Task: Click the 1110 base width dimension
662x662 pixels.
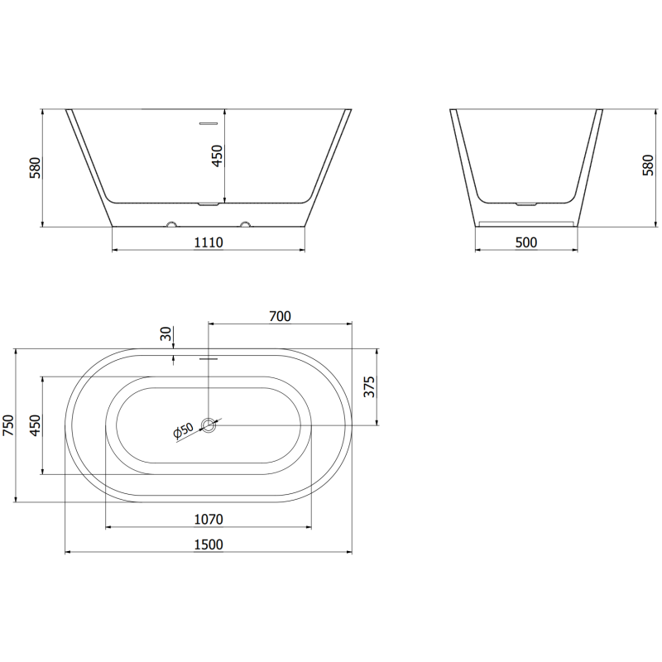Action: pyautogui.click(x=209, y=242)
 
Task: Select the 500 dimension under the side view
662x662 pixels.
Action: pyautogui.click(x=526, y=242)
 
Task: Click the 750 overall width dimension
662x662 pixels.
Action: pyautogui.click(x=9, y=425)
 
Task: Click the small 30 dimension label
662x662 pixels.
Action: pyautogui.click(x=165, y=334)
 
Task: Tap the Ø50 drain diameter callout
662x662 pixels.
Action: pyautogui.click(x=183, y=431)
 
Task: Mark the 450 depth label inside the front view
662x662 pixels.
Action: pyautogui.click(x=218, y=156)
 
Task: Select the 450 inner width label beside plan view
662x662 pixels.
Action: pyautogui.click(x=36, y=425)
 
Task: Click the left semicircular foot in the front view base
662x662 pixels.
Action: pyautogui.click(x=171, y=223)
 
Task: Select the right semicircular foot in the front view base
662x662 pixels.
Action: pyautogui.click(x=245, y=223)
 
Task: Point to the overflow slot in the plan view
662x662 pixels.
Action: pyautogui.click(x=209, y=360)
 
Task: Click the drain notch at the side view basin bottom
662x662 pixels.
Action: pyautogui.click(x=526, y=202)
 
